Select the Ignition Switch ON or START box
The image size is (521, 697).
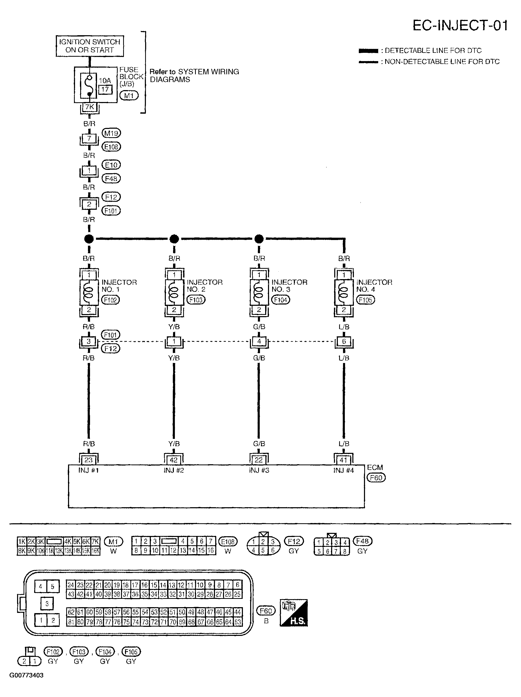pos(90,46)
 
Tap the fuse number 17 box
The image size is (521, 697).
pos(105,90)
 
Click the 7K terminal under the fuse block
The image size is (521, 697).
pos(90,107)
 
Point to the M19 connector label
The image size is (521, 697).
pos(111,133)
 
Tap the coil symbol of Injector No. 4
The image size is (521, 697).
pos(344,292)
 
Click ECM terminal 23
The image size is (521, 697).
pos(89,460)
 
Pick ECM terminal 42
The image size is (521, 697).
pos(174,460)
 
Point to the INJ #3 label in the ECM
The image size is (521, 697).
pos(259,470)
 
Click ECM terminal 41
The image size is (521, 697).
pos(344,460)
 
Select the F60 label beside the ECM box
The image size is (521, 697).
pos(376,478)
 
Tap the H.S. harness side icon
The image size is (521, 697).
pos(293,613)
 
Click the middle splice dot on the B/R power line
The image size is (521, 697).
pos(174,239)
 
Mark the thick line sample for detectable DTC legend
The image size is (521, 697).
pos(368,51)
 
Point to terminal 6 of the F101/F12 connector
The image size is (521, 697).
pos(344,341)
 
